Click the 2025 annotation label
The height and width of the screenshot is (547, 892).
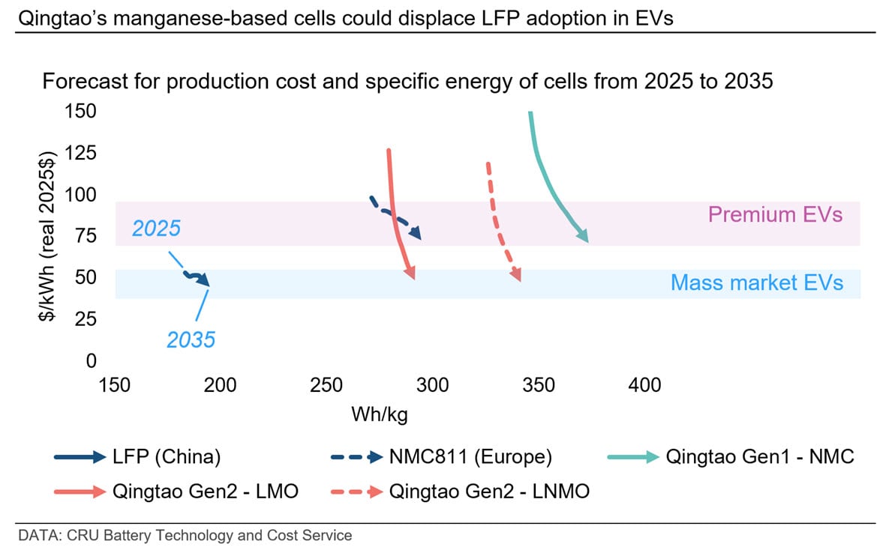(156, 228)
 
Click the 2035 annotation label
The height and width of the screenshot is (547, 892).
(191, 339)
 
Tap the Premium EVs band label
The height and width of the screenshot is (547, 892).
(775, 215)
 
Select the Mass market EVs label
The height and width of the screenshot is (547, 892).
(756, 282)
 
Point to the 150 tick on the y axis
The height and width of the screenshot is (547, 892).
(82, 112)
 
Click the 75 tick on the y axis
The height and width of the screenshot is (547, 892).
(86, 236)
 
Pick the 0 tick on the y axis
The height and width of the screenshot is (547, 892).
(92, 360)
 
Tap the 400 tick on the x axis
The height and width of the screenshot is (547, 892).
(644, 385)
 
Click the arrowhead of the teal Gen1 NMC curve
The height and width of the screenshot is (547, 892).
(584, 238)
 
